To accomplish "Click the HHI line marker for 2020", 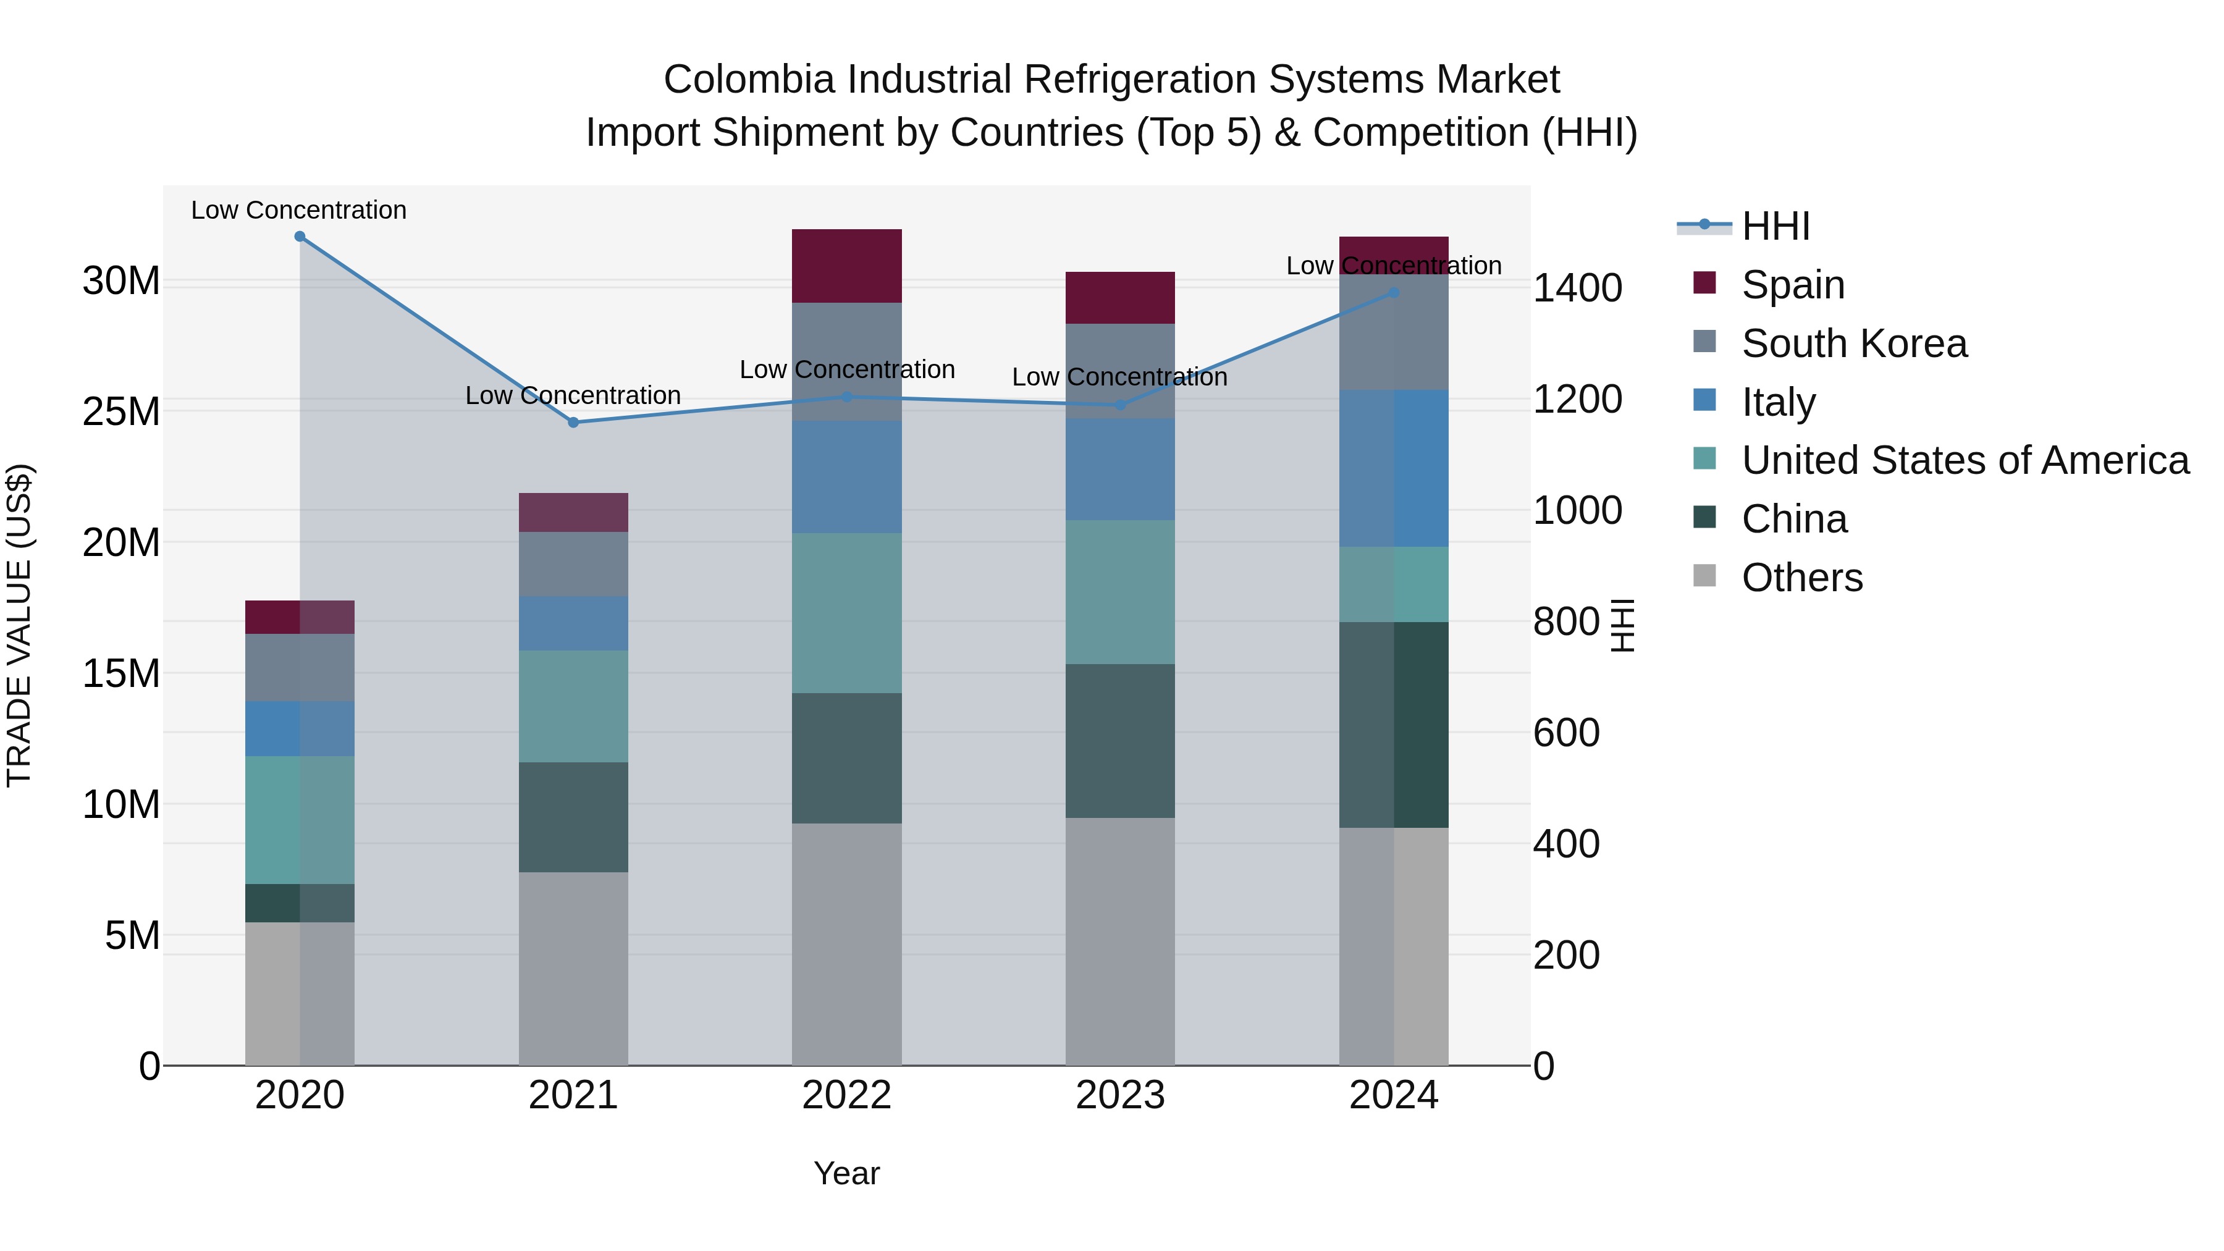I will coord(300,237).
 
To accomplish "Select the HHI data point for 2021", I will coord(573,422).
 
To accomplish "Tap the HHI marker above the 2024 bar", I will coord(1394,293).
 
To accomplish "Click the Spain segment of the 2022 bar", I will coord(846,266).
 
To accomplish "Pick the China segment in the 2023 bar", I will coord(1120,741).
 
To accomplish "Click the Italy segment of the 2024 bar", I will coord(1394,468).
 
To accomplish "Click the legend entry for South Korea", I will coord(1853,343).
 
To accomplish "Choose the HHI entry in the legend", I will coord(1775,226).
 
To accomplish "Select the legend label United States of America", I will coord(1965,460).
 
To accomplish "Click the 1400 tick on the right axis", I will coord(1577,289).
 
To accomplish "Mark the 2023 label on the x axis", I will coord(1120,1095).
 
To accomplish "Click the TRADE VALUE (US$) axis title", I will coord(19,625).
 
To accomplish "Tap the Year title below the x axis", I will coord(846,1173).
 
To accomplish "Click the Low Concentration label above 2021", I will coord(573,395).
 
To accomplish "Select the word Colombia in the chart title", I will coord(749,80).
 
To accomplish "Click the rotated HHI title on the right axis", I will coord(1623,625).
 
